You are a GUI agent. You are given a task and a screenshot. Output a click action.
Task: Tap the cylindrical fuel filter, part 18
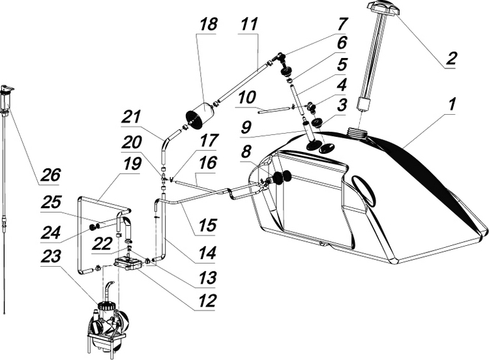200,118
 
